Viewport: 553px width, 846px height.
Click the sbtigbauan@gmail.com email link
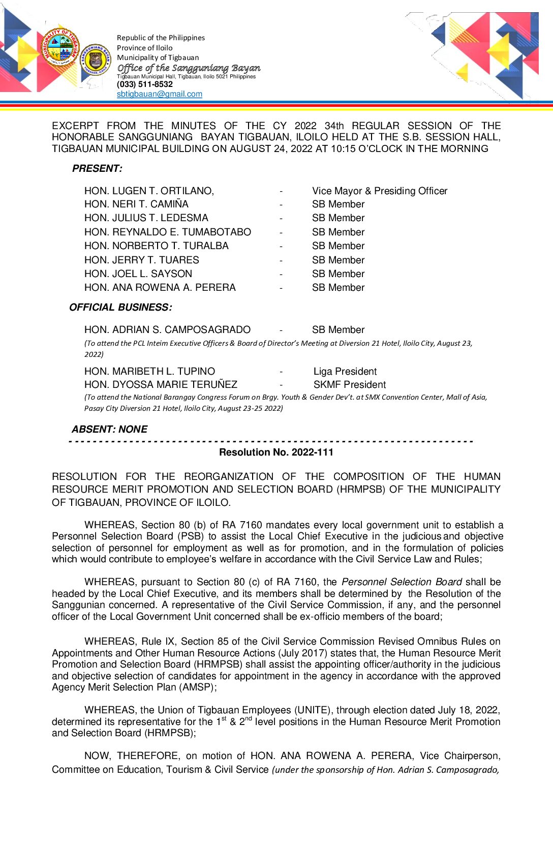(x=159, y=94)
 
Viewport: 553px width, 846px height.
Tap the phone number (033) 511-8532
(x=144, y=84)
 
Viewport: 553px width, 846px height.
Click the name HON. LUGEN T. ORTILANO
(x=149, y=191)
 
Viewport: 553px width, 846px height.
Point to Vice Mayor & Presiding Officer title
(x=380, y=191)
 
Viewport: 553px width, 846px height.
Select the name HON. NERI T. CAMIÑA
(x=136, y=204)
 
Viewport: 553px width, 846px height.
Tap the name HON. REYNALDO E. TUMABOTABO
(x=167, y=232)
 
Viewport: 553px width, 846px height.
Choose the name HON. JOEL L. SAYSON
(x=138, y=274)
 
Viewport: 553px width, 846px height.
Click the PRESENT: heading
(x=97, y=168)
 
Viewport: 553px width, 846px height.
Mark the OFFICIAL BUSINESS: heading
(x=120, y=307)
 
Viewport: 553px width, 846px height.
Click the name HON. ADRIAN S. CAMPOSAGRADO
(x=167, y=329)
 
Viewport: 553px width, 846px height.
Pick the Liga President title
(x=345, y=371)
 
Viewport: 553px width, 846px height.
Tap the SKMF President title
(x=349, y=384)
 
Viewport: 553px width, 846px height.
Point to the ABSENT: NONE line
(x=109, y=429)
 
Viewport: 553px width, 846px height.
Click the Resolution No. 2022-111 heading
(x=276, y=452)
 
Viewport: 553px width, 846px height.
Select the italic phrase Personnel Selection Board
(x=402, y=582)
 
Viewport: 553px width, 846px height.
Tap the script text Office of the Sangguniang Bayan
(x=189, y=68)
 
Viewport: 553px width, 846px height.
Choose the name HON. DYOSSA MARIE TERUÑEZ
(x=161, y=384)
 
